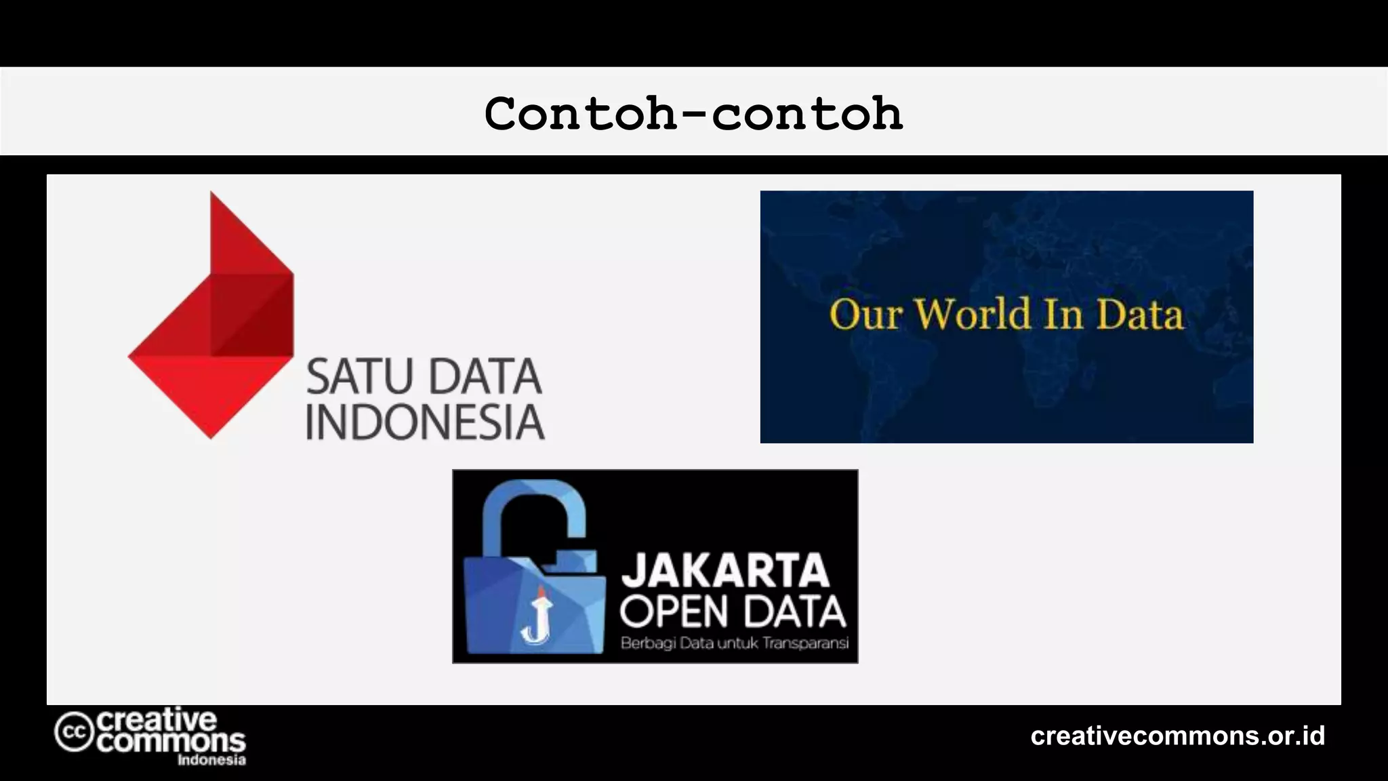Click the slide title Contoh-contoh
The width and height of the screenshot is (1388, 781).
tap(693, 113)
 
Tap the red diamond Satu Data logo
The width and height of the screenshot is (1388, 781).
tap(211, 315)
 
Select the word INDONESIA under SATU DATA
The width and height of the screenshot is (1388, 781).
tap(425, 422)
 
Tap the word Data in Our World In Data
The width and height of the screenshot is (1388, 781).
tap(1141, 315)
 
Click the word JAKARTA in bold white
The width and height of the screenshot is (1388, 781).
tap(726, 570)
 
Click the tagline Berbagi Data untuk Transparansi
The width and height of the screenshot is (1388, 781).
tap(735, 643)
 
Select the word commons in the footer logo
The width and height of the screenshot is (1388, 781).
tap(171, 741)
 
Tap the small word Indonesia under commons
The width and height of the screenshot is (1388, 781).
tap(211, 760)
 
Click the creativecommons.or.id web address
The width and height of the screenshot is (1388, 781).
tap(1178, 736)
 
